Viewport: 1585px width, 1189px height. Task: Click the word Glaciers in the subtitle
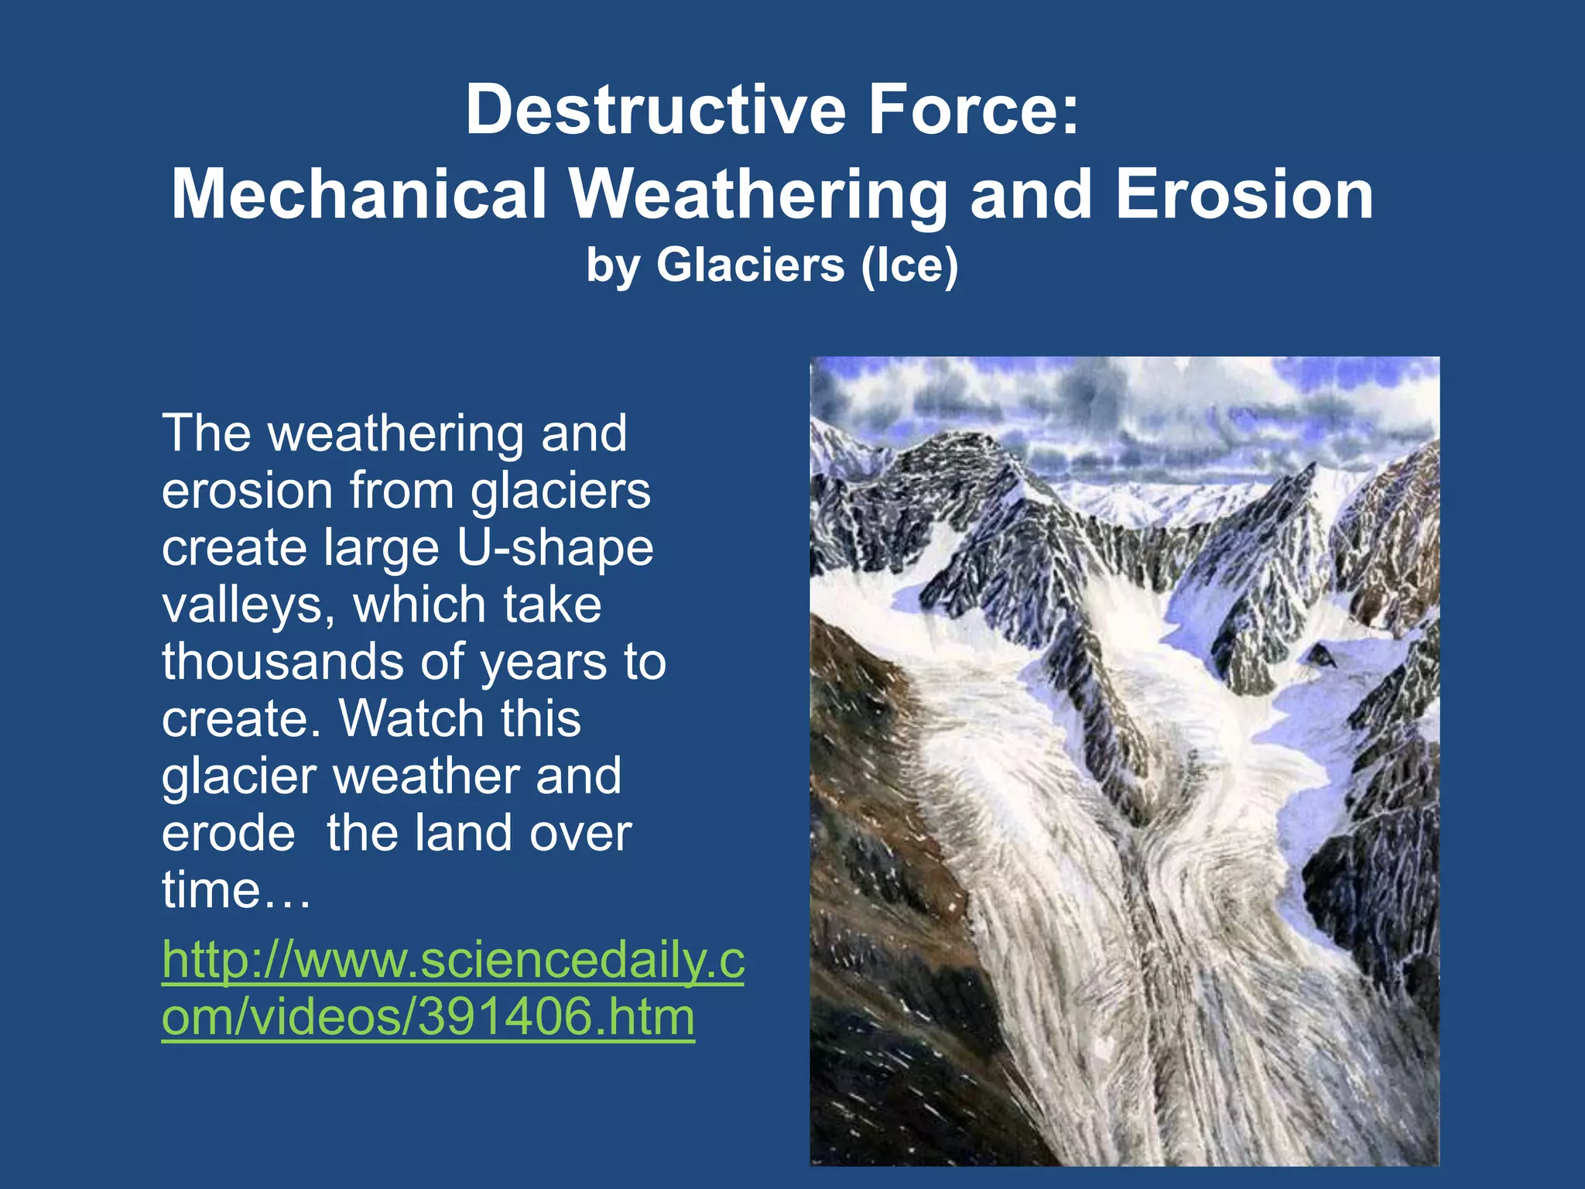(750, 266)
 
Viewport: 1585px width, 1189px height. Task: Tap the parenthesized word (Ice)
(909, 266)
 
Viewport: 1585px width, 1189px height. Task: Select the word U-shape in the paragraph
(554, 548)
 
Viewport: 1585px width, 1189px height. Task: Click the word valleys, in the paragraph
(248, 605)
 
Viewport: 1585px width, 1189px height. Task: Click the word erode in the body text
(228, 834)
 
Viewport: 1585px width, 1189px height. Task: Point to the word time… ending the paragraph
(236, 890)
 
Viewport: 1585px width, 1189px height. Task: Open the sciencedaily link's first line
(453, 961)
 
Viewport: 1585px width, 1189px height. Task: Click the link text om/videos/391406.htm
(428, 1017)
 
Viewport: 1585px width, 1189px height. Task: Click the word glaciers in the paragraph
(561, 491)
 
